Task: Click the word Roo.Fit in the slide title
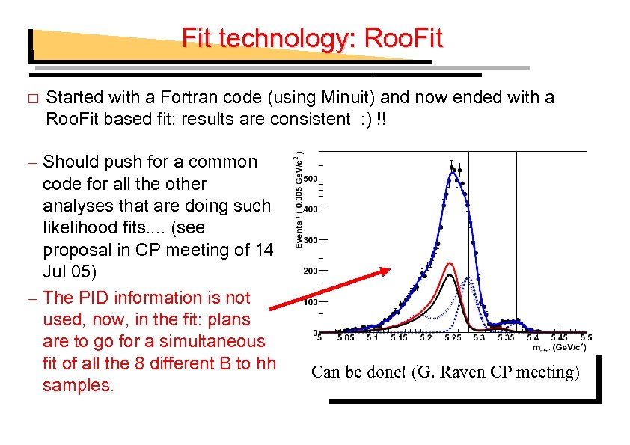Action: point(403,37)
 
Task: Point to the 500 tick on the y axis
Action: point(311,178)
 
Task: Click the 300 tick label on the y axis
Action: point(311,240)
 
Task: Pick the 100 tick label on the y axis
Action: point(311,302)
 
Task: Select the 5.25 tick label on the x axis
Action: point(452,338)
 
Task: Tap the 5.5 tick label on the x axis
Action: point(585,338)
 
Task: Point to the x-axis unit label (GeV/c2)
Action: point(569,347)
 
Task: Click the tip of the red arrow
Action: point(391,270)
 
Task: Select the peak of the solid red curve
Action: point(450,263)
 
